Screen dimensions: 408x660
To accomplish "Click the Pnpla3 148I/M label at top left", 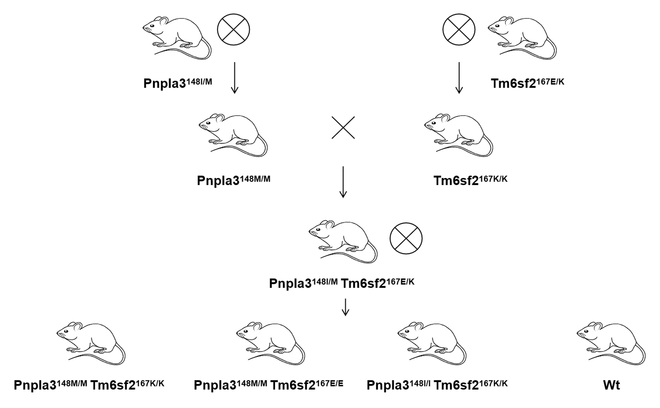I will click(178, 83).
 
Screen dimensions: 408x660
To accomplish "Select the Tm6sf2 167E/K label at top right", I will click(527, 83).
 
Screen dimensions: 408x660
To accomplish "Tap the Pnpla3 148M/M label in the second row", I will click(233, 180).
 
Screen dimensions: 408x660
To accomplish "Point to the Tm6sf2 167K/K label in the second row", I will click(470, 180).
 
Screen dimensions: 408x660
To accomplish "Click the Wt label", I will click(611, 385).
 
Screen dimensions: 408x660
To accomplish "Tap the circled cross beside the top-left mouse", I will click(233, 29).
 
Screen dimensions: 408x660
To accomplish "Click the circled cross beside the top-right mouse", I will click(459, 29).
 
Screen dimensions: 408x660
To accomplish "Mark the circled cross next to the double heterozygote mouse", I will click(406, 238).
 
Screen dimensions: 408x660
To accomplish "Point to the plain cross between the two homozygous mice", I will click(343, 128).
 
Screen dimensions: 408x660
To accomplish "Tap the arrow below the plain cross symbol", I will click(343, 182).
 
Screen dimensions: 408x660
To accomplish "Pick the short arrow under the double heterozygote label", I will click(345, 307).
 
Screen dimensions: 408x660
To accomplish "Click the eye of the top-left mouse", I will click(152, 26).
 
